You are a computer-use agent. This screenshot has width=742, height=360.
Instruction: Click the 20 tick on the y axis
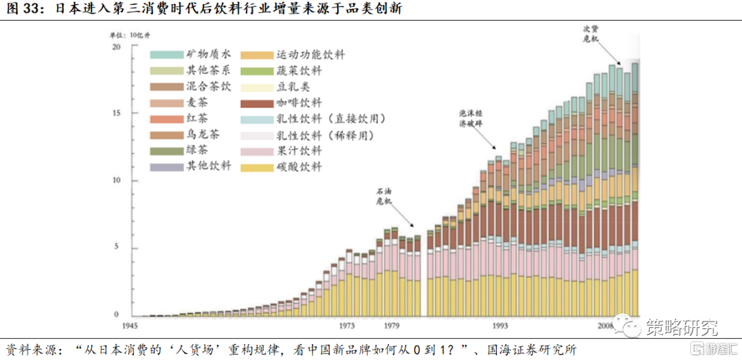116,47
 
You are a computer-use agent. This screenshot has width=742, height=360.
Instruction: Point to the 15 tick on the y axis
116,113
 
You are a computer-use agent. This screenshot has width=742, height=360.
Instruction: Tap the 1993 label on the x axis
499,326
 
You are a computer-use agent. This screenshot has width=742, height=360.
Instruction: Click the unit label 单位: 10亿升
128,34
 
